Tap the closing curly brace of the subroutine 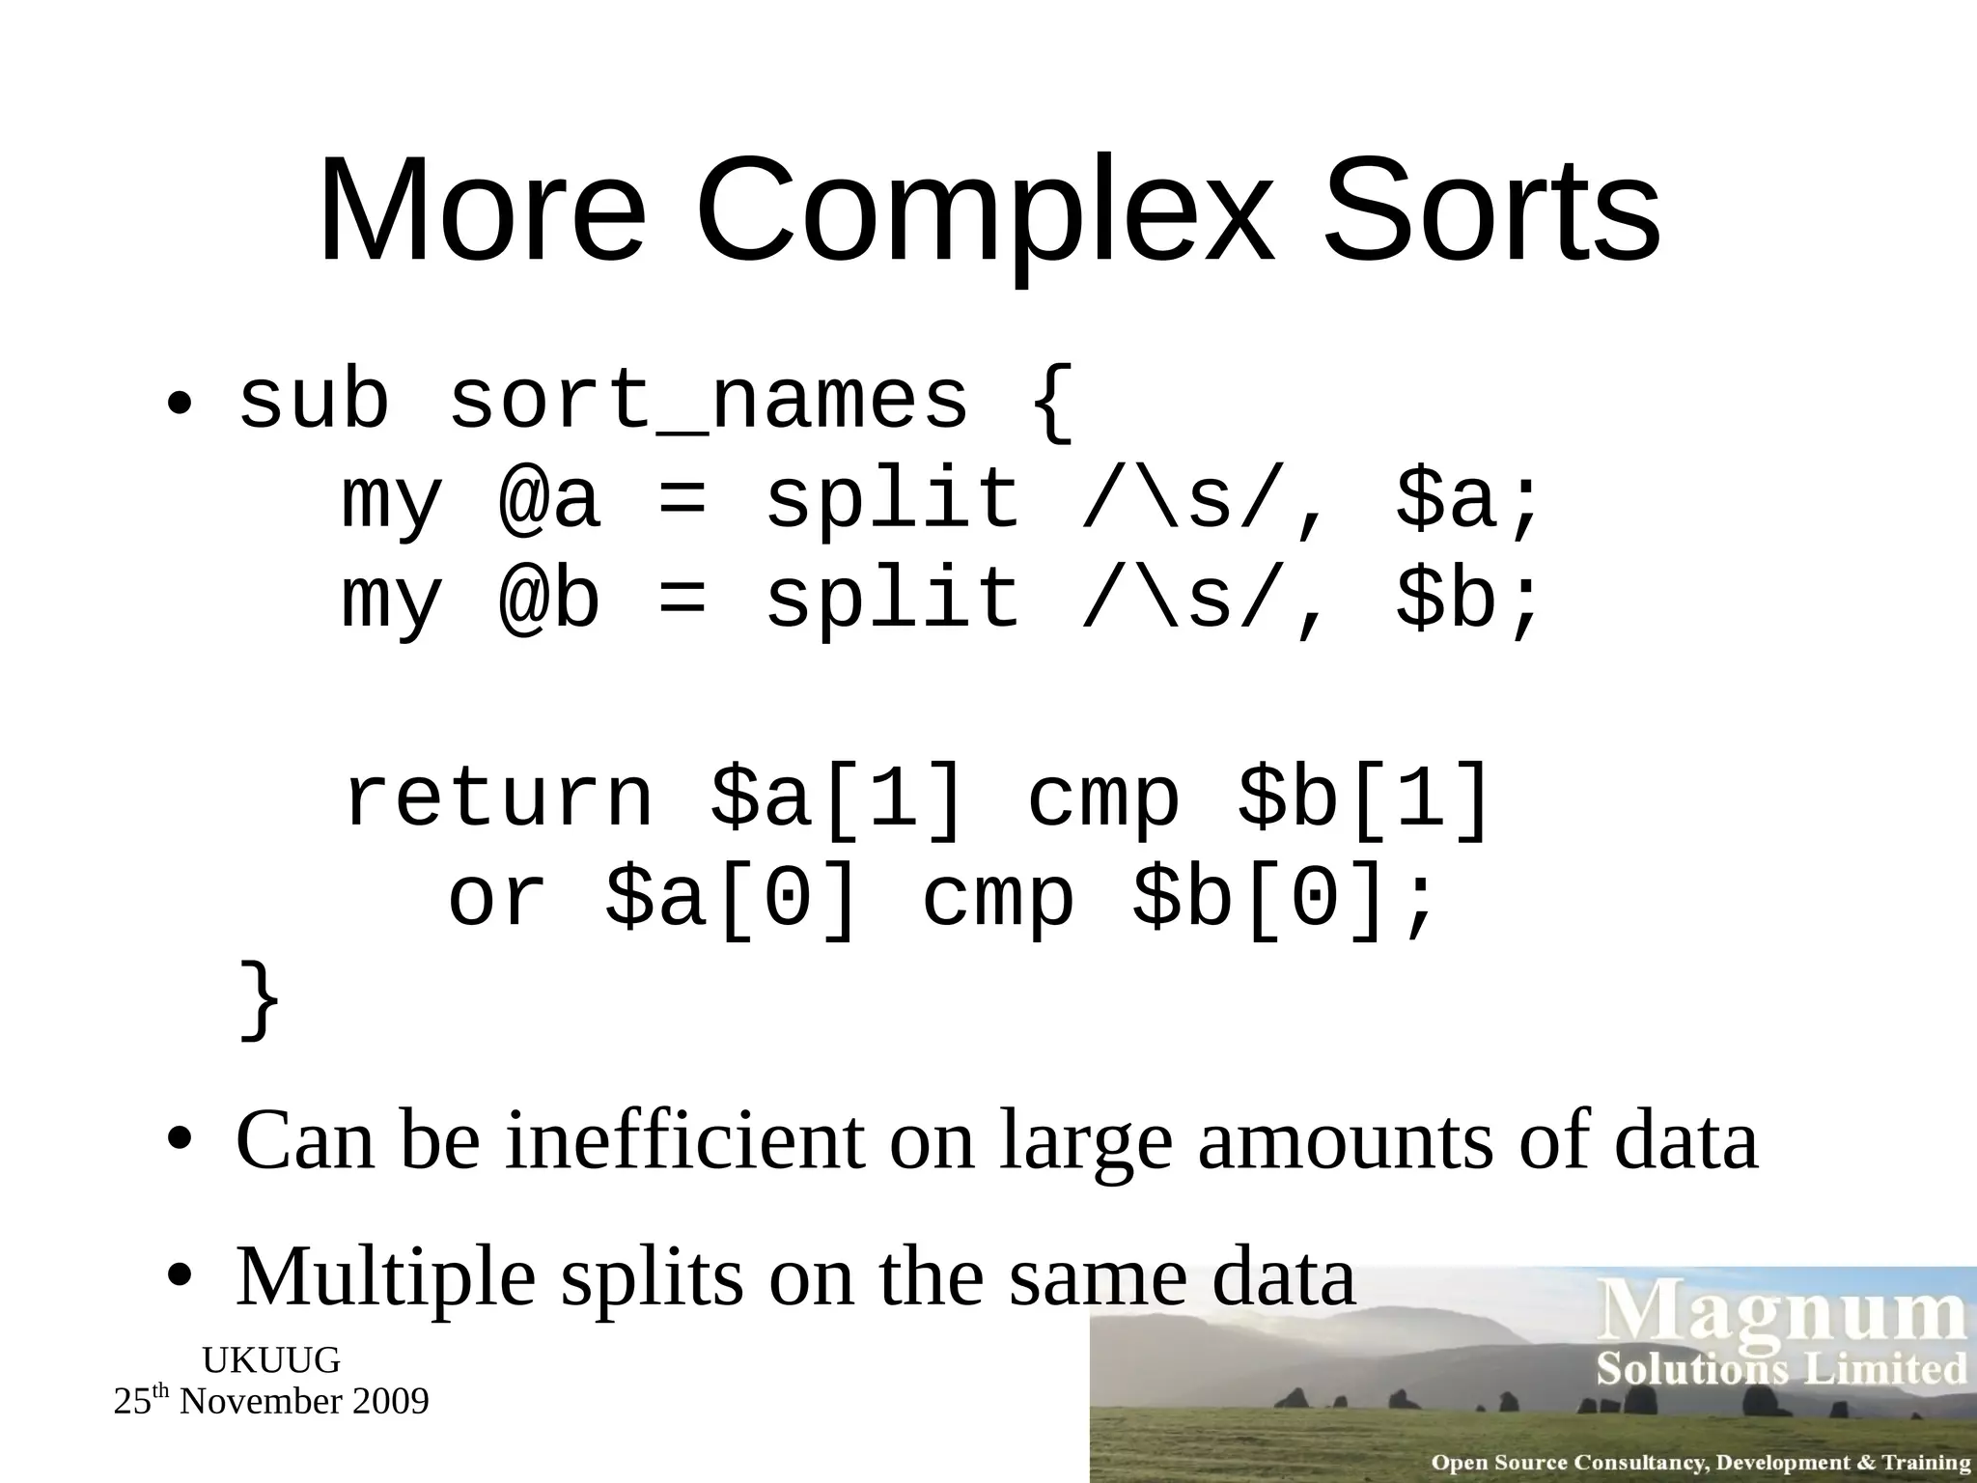click(260, 999)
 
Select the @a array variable click(549, 499)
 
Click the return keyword click(498, 798)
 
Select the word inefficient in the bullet click(685, 1141)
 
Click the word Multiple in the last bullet click(385, 1276)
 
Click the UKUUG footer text click(271, 1360)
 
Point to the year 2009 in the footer click(390, 1402)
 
